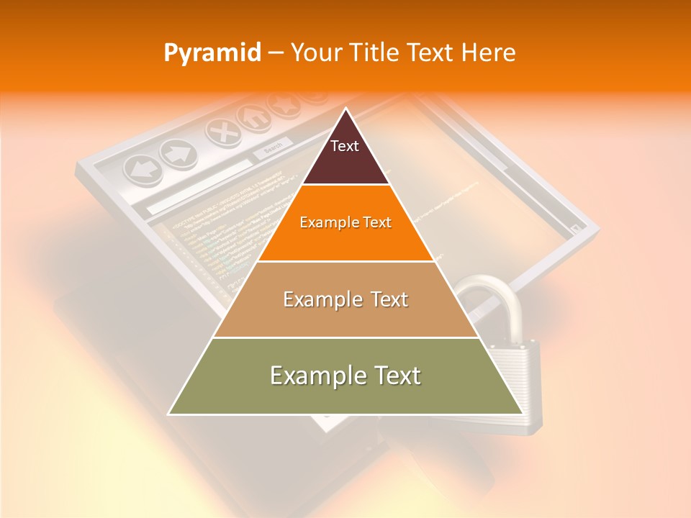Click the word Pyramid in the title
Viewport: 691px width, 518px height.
[212, 53]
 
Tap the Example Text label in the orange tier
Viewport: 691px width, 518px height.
[345, 222]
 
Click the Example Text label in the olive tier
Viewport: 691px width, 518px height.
[345, 376]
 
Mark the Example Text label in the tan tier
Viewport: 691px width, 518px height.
[345, 299]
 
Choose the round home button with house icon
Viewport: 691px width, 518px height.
[253, 117]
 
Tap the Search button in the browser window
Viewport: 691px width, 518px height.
[272, 149]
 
